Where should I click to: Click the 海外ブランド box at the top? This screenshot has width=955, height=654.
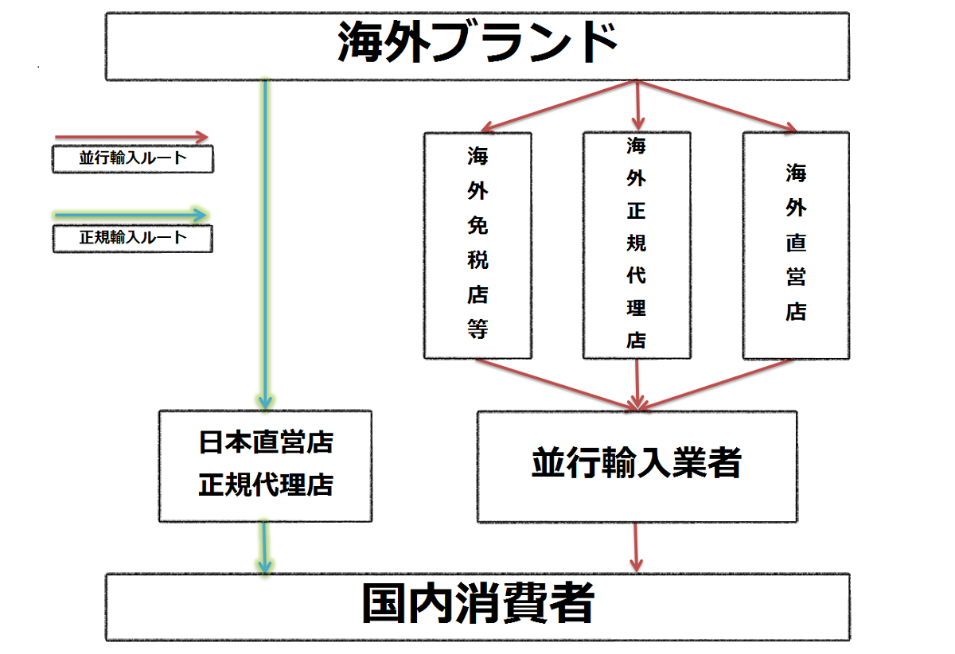tap(477, 45)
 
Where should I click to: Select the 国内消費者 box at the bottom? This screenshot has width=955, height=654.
tap(477, 606)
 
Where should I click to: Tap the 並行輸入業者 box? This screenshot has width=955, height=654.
tap(637, 465)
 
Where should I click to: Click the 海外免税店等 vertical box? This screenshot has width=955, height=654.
tap(477, 244)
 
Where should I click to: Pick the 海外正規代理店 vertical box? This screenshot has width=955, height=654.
tap(637, 244)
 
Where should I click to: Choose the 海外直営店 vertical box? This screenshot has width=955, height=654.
tap(796, 244)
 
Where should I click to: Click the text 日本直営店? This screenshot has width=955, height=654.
tap(266, 442)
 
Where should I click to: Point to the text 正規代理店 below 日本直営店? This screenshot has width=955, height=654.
tap(266, 484)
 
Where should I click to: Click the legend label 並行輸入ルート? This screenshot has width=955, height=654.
tap(133, 158)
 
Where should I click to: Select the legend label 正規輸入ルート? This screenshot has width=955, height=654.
tap(133, 238)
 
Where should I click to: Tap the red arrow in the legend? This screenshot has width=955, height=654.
tap(131, 138)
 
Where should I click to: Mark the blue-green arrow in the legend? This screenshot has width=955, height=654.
tap(131, 215)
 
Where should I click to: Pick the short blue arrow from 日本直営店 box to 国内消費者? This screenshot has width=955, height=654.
tap(266, 547)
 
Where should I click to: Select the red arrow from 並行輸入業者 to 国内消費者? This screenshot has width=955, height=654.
tap(637, 547)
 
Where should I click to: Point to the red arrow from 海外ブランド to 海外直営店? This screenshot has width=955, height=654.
tap(716, 105)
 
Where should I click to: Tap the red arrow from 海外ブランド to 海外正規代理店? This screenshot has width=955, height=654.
tap(637, 105)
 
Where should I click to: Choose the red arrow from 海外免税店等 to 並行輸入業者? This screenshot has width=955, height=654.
tap(557, 383)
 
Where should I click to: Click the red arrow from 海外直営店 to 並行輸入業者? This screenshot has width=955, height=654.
tap(716, 383)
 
